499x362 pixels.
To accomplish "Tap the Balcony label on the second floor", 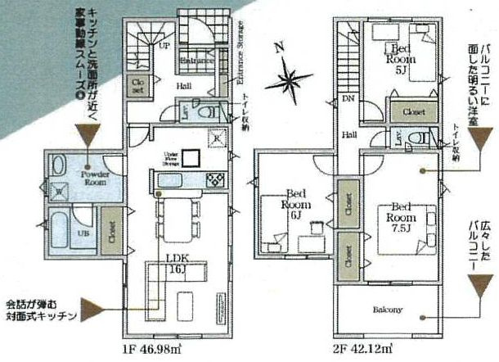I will coord(389,310).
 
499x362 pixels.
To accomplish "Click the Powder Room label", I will coord(95,179).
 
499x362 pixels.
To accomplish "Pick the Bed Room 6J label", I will coord(293,207).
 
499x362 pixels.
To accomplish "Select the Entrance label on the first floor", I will coord(196,60).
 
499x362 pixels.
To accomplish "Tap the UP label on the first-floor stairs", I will coord(164,46).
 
